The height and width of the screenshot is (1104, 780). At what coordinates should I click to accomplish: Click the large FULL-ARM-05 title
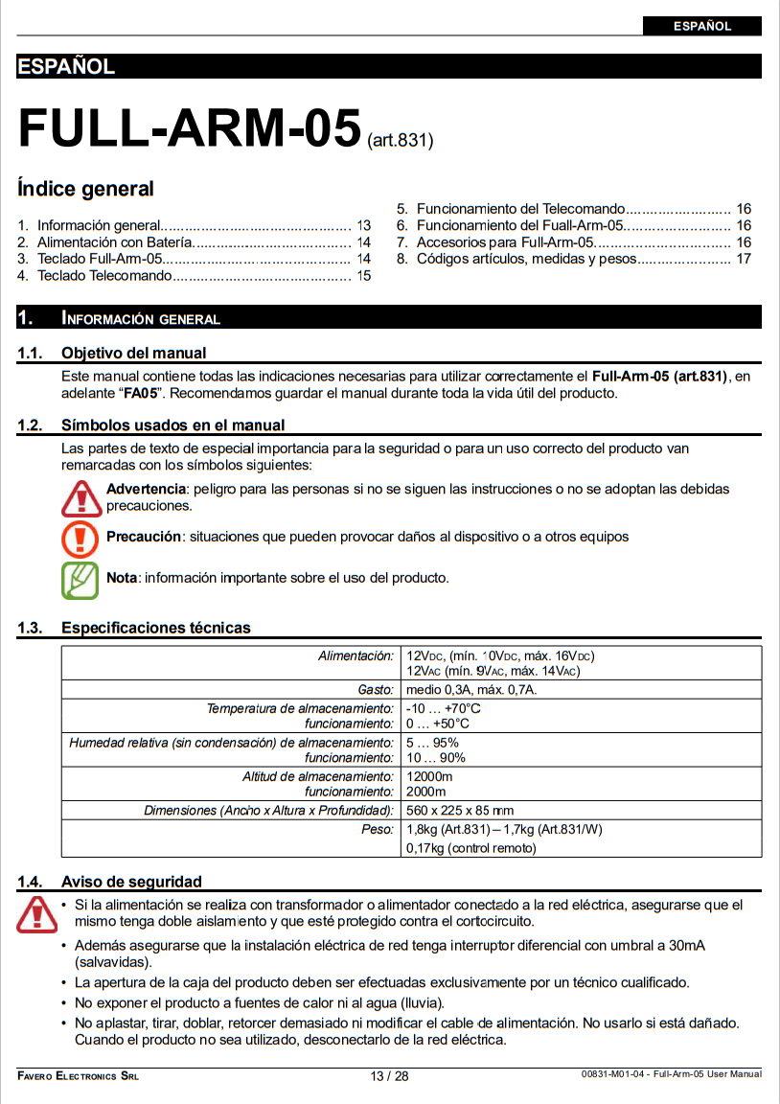(189, 127)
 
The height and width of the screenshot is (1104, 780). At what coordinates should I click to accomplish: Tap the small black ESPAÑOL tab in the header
(702, 26)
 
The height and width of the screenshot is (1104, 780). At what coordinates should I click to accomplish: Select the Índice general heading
(85, 189)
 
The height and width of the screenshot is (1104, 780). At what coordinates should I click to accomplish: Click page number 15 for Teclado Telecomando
(363, 276)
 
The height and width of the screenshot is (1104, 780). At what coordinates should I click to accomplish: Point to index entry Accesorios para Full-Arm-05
(506, 242)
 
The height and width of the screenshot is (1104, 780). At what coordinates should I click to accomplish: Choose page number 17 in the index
(744, 259)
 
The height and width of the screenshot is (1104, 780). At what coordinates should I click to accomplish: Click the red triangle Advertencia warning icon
(80, 496)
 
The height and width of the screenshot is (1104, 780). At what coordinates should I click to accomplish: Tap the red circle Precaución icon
(80, 538)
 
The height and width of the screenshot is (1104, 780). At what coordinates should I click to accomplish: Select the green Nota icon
(80, 579)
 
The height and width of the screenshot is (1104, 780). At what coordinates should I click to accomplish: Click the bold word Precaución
(144, 537)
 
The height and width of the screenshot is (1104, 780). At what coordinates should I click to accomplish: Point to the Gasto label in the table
(376, 690)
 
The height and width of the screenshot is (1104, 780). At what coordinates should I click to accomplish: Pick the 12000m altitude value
(429, 776)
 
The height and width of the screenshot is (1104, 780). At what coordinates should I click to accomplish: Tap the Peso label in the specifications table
(378, 830)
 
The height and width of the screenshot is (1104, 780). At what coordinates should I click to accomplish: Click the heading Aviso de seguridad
(131, 882)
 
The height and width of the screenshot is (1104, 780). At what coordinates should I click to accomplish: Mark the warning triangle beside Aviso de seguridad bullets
(36, 913)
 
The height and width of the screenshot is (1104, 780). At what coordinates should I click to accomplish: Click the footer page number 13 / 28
(389, 1076)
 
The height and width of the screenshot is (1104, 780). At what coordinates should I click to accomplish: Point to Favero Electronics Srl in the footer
(78, 1076)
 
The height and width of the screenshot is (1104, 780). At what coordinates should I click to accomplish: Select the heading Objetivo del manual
(133, 353)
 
